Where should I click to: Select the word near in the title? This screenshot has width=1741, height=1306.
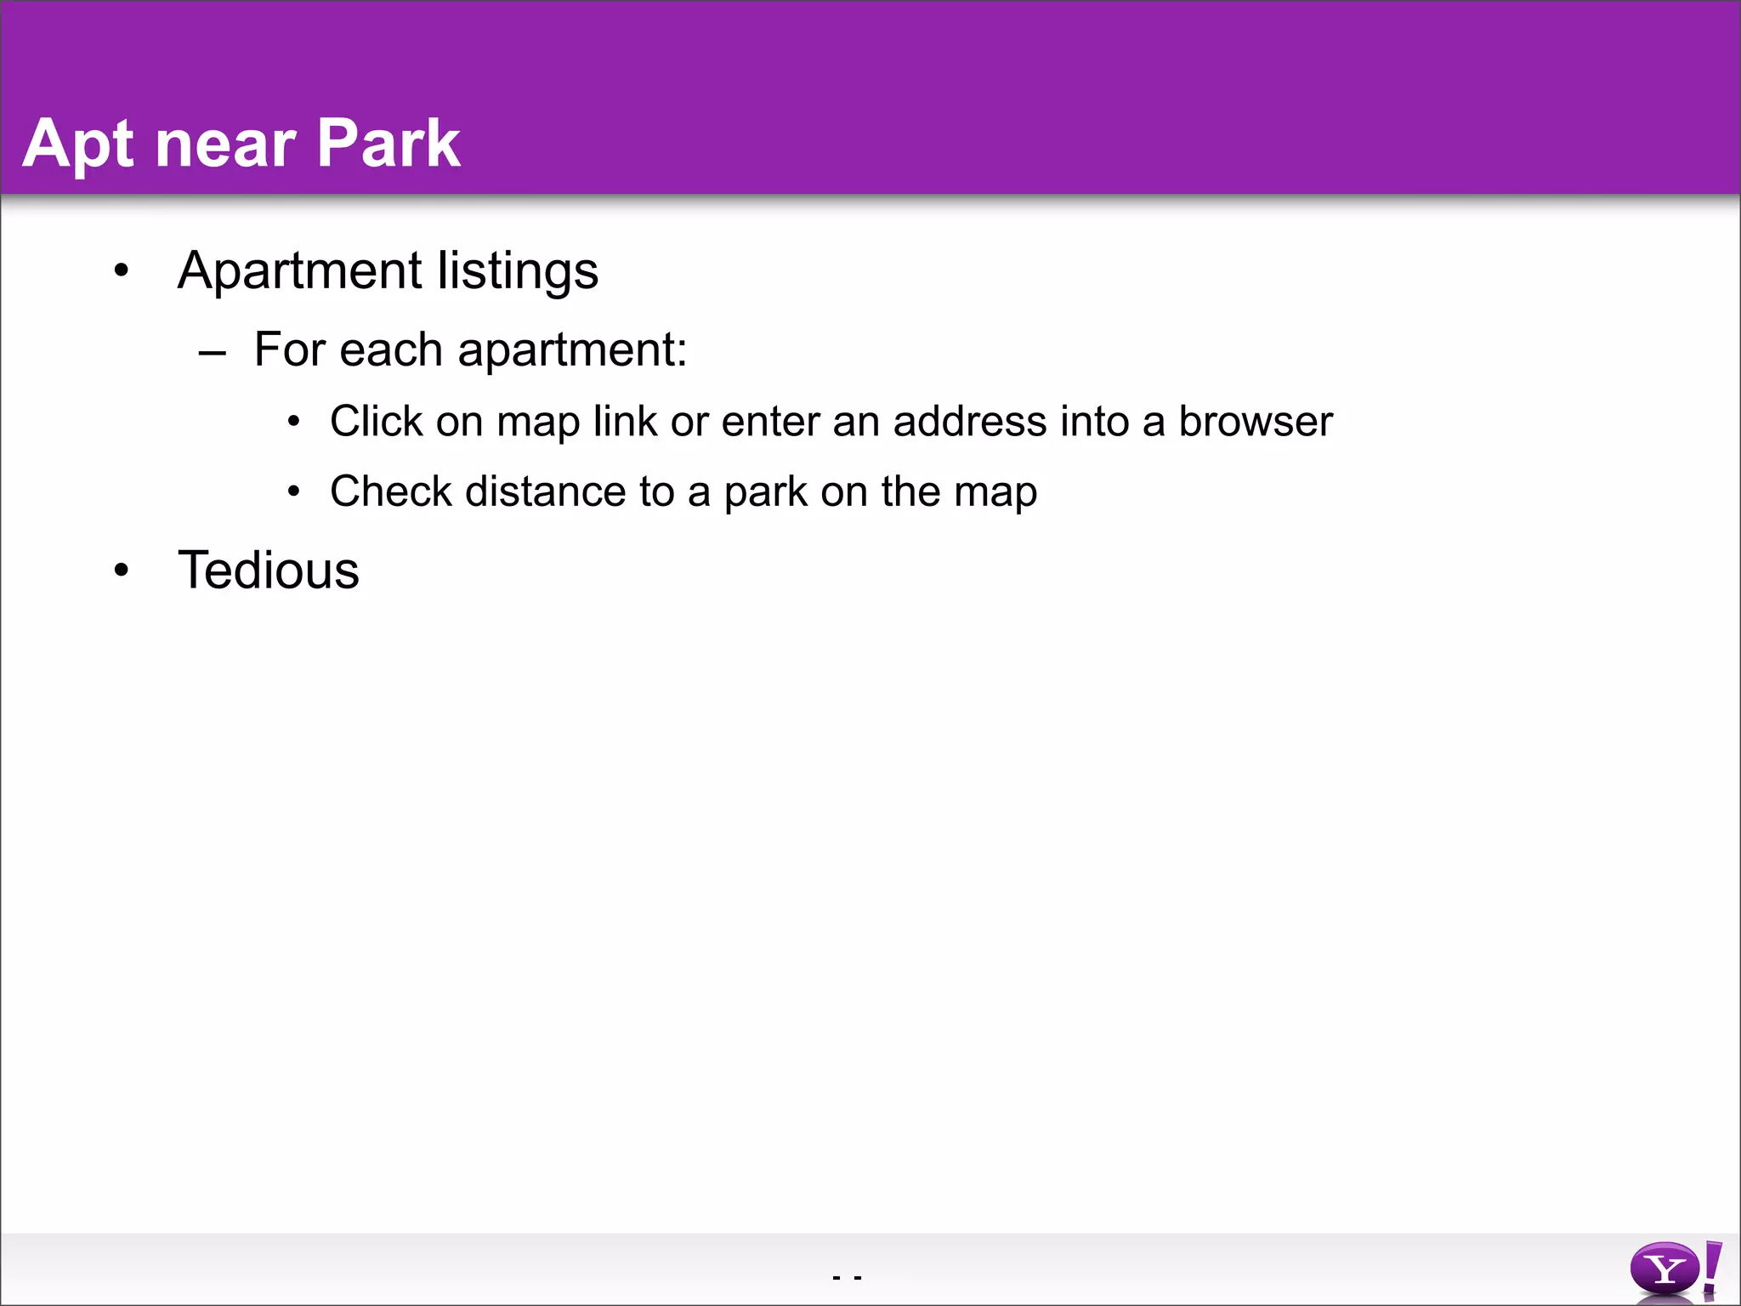[x=225, y=145]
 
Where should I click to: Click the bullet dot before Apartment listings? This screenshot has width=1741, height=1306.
[x=122, y=270]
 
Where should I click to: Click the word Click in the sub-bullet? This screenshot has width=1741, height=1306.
[x=376, y=421]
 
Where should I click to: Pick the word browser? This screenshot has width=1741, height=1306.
[x=1255, y=421]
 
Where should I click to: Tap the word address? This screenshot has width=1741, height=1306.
[x=969, y=421]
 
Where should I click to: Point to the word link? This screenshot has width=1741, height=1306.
[x=625, y=421]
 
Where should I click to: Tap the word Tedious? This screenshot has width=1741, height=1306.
[x=269, y=570]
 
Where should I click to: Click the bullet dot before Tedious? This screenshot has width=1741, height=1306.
[x=122, y=571]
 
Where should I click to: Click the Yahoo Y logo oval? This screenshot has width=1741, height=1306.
[x=1664, y=1269]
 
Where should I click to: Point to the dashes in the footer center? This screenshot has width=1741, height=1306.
[x=848, y=1277]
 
